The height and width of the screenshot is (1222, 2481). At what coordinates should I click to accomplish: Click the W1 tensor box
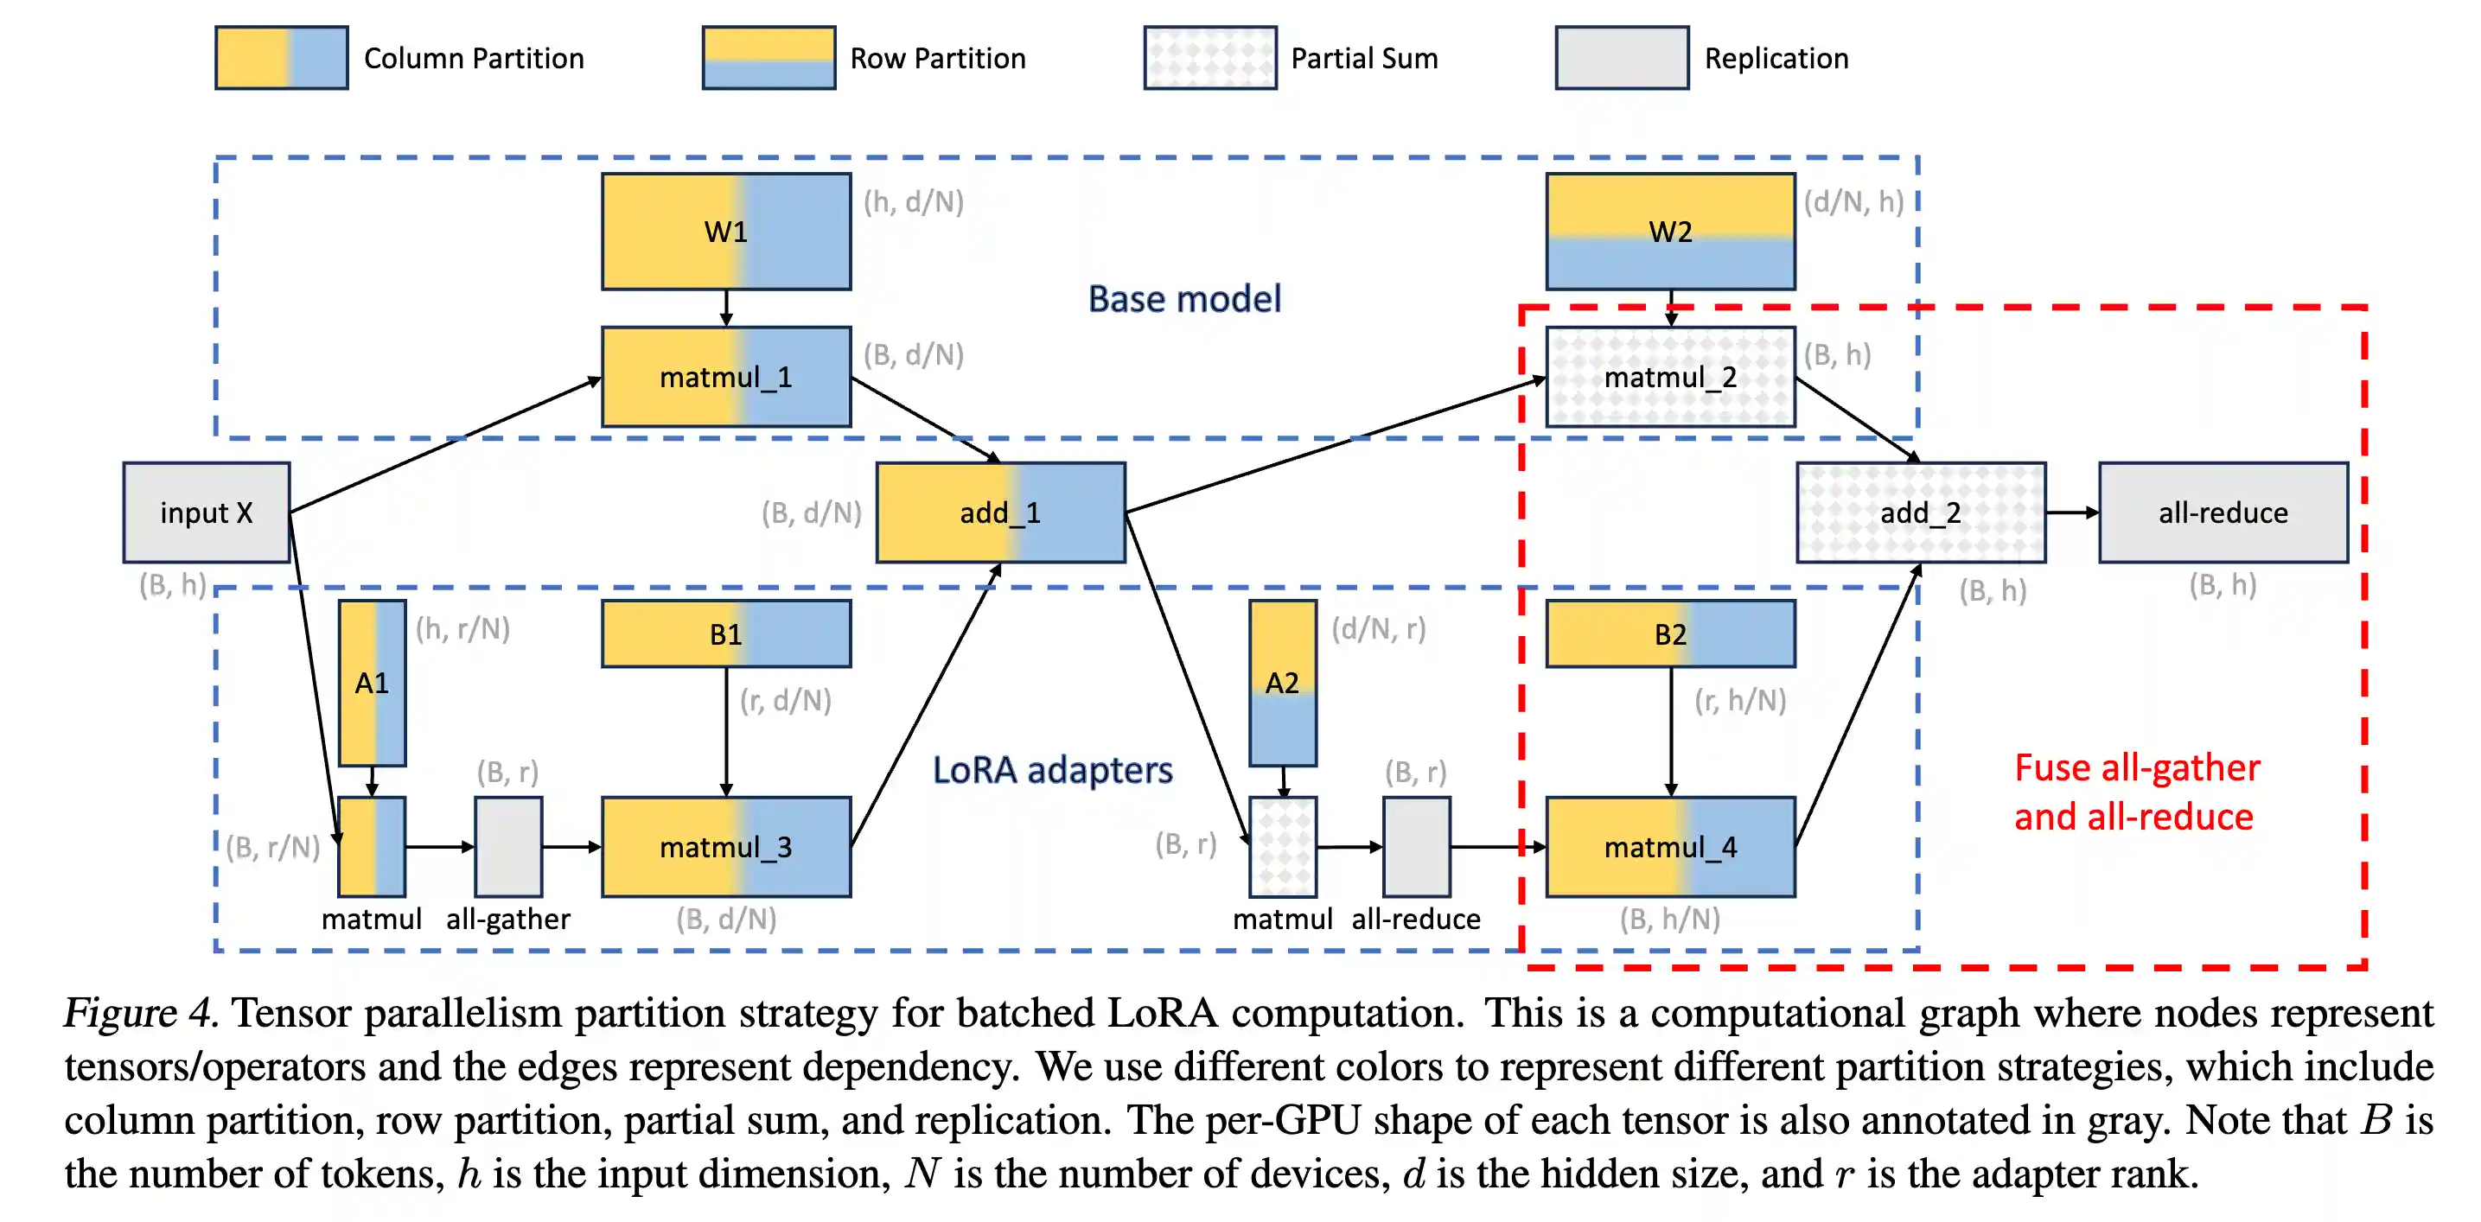[726, 231]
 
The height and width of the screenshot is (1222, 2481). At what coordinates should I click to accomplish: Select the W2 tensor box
[1670, 231]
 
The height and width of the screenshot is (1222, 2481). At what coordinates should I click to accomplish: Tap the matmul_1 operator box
[726, 377]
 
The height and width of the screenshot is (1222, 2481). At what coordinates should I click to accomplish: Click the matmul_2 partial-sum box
[1670, 377]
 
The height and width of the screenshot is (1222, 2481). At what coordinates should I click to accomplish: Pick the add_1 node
[999, 512]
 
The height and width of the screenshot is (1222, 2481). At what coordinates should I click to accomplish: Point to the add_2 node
[1921, 512]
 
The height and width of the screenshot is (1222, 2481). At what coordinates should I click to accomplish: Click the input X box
[206, 512]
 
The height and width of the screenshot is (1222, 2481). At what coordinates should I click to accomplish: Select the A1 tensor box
[372, 683]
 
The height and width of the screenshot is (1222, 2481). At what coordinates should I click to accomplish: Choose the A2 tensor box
[1282, 683]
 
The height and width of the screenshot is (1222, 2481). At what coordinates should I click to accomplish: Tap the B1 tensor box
[726, 633]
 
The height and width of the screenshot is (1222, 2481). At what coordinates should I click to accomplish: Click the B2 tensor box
[1670, 633]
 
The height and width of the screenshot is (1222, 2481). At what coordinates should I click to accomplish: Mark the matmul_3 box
[726, 846]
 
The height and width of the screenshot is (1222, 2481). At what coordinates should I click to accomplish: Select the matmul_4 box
[1670, 846]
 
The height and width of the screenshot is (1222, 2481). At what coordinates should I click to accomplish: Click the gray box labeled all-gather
[508, 846]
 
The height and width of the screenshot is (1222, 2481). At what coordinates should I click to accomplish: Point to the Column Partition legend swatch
[281, 58]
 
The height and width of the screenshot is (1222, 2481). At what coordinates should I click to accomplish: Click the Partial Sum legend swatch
[1209, 58]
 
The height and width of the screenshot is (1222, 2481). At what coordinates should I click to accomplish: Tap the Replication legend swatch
[1621, 58]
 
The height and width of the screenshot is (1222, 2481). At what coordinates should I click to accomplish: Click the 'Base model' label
[1183, 298]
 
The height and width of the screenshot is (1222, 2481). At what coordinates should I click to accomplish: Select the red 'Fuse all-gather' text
[2136, 767]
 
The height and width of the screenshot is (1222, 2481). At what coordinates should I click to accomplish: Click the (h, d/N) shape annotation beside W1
[913, 201]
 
